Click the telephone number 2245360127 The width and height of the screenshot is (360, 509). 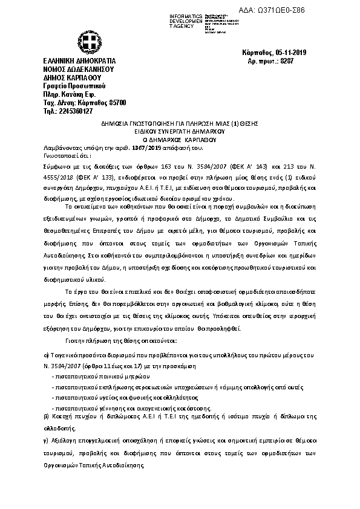(x=80, y=111)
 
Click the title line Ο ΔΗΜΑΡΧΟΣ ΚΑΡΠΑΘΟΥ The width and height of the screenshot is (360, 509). (x=180, y=138)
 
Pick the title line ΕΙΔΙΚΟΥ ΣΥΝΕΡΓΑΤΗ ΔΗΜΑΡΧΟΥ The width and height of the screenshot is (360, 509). (x=180, y=130)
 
